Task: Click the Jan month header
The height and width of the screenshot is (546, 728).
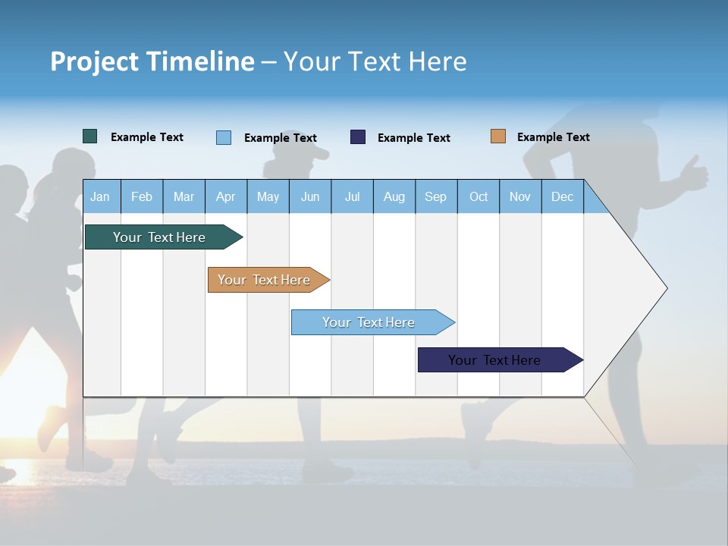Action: (x=100, y=196)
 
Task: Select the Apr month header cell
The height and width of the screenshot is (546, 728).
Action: (x=226, y=196)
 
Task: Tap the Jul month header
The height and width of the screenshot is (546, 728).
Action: (x=352, y=196)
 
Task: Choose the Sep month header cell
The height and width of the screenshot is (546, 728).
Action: (x=435, y=196)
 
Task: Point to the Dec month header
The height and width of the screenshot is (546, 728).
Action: (x=562, y=196)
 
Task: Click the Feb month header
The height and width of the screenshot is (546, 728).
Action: (x=142, y=196)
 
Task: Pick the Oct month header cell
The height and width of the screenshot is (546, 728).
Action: (x=479, y=196)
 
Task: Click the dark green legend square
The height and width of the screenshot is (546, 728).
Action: (x=89, y=136)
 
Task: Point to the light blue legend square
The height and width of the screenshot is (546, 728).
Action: (x=224, y=137)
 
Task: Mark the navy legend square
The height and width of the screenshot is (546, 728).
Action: (x=358, y=137)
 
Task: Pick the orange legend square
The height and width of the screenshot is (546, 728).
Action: (x=497, y=136)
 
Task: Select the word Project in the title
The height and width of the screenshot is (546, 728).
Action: (x=93, y=61)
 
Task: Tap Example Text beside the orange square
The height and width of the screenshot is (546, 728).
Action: (x=553, y=137)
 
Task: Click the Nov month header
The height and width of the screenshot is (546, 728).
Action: (x=520, y=196)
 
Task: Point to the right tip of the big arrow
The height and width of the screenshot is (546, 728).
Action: (x=665, y=287)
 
